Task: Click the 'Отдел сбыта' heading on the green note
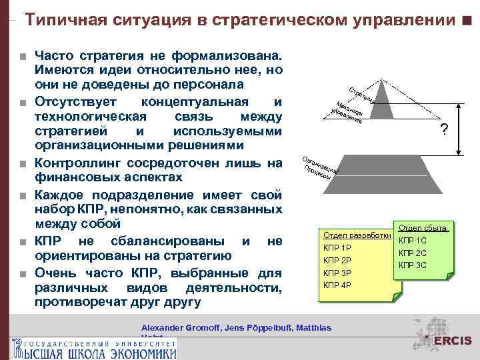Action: click(423, 228)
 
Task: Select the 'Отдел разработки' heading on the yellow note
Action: click(356, 235)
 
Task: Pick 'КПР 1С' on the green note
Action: click(412, 241)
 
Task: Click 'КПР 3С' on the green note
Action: click(412, 265)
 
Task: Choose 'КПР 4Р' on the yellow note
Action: click(337, 285)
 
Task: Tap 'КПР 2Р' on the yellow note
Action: click(337, 260)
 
